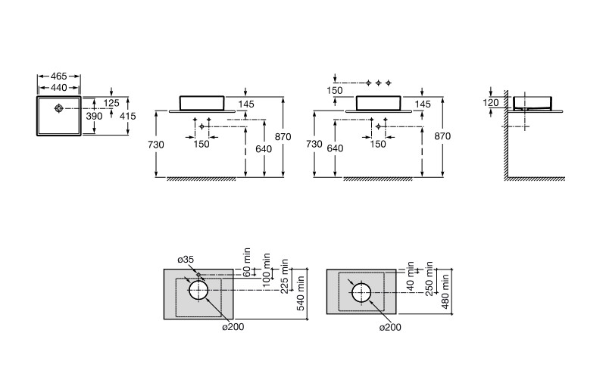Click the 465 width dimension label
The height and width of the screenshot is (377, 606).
point(59,76)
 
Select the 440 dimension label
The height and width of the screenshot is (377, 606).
point(59,88)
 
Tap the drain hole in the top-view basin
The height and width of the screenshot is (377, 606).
point(58,108)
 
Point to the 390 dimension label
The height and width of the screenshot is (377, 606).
point(94,116)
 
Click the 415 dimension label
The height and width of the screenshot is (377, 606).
point(128,116)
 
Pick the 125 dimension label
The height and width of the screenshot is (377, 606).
point(111,103)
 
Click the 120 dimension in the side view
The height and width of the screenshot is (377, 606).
point(491,103)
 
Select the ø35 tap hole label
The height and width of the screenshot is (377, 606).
point(186,260)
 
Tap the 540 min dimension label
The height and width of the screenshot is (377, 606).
point(301,293)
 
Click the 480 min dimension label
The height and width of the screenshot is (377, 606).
point(445,291)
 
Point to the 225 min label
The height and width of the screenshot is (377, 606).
point(285,276)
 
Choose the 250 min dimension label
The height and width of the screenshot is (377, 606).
point(429,279)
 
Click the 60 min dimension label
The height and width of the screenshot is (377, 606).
point(248,263)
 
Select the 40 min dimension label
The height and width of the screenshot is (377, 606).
point(411,276)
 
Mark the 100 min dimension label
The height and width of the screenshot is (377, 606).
point(267,270)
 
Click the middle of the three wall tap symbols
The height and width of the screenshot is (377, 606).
point(378,83)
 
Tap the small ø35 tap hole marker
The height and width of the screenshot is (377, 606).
point(198,275)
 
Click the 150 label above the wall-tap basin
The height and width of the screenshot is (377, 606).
point(335,91)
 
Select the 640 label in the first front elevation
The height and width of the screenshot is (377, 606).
point(264,149)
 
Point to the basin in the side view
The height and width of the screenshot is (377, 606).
point(532,103)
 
